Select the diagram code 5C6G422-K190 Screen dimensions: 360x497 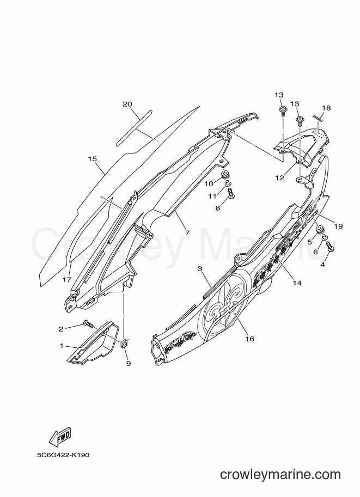pyautogui.click(x=63, y=455)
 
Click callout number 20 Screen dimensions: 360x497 pyautogui.click(x=127, y=104)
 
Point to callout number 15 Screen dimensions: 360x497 pyautogui.click(x=92, y=159)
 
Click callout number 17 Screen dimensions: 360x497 pyautogui.click(x=66, y=280)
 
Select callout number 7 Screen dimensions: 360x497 pyautogui.click(x=187, y=233)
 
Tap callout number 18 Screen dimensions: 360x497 pyautogui.click(x=326, y=108)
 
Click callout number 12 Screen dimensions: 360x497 pyautogui.click(x=279, y=178)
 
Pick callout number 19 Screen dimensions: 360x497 pyautogui.click(x=338, y=226)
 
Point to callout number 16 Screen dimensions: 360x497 pyautogui.click(x=250, y=339)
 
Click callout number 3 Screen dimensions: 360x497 pyautogui.click(x=200, y=269)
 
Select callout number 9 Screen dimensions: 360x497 pyautogui.click(x=129, y=364)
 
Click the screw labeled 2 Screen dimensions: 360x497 pyautogui.click(x=88, y=324)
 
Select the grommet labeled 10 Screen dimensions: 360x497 pyautogui.click(x=225, y=174)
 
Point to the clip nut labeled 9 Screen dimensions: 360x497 pyautogui.click(x=125, y=343)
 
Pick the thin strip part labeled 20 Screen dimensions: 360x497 pyautogui.click(x=134, y=128)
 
